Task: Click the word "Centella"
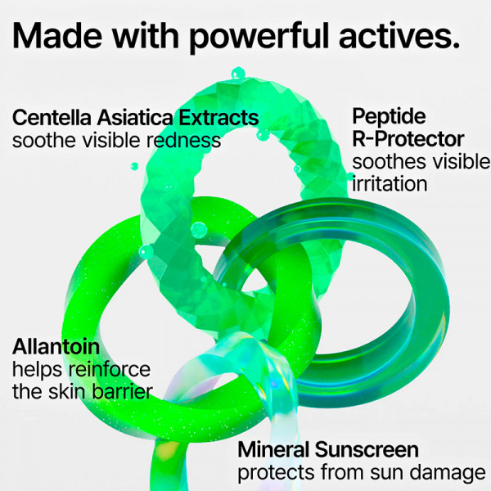pyautogui.click(x=51, y=118)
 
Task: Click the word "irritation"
pyautogui.click(x=390, y=183)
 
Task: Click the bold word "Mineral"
pyautogui.click(x=273, y=449)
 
